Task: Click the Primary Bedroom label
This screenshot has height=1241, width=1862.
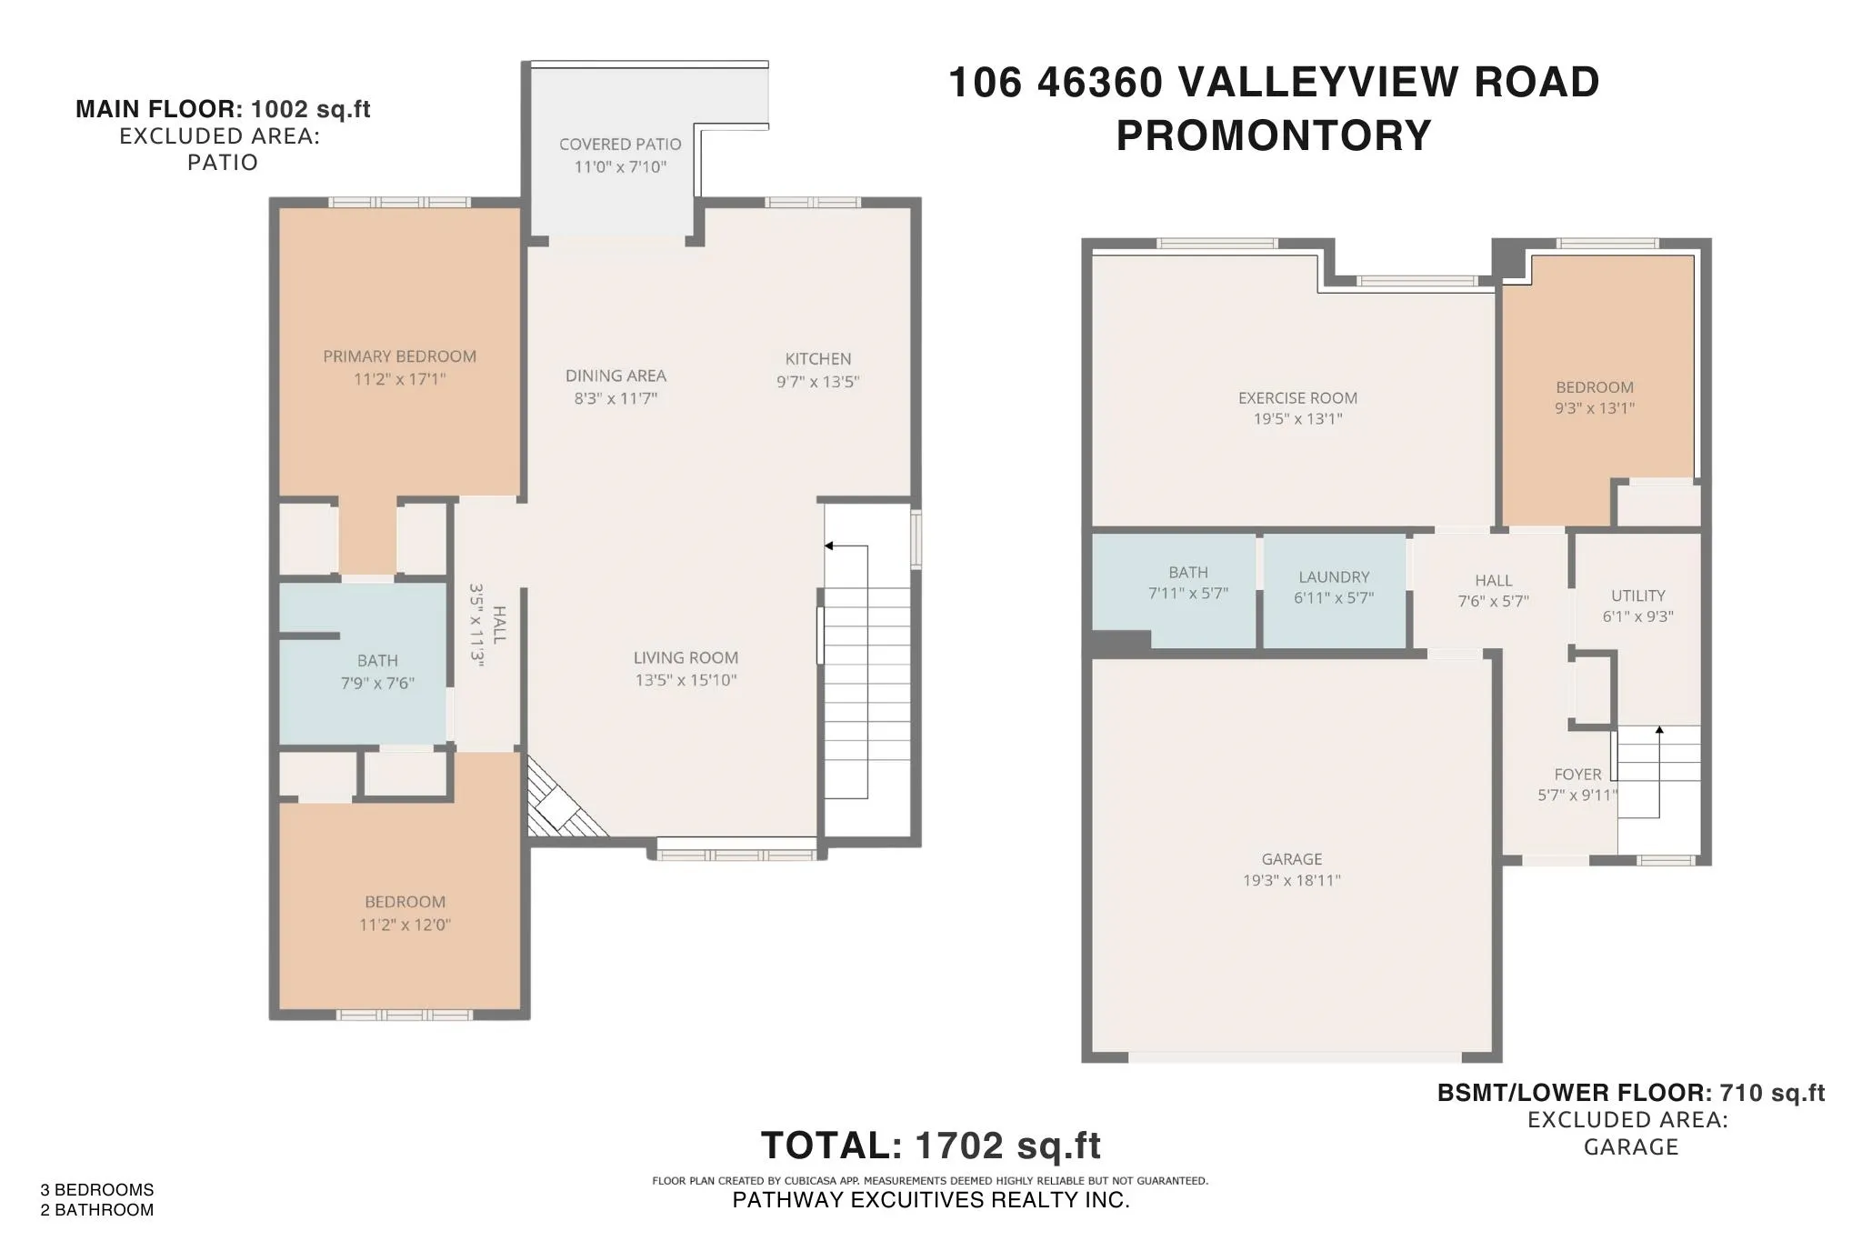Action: coord(399,356)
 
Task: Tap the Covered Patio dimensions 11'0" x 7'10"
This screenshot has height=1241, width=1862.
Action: coord(620,167)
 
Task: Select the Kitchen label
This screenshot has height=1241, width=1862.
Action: coord(817,359)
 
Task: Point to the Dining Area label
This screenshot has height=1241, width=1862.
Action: coord(616,375)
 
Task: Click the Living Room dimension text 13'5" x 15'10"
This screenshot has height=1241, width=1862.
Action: coord(686,680)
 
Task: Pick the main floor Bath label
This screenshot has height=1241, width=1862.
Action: coord(377,661)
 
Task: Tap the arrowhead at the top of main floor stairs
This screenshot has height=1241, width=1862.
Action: coord(828,545)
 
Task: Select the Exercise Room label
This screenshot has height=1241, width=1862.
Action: coord(1297,398)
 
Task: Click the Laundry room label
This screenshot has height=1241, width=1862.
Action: coord(1334,577)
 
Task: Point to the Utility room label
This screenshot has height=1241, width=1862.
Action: coord(1637,596)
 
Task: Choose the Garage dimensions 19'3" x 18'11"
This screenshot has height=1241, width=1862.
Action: coord(1291,880)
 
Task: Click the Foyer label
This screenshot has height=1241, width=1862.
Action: coord(1577,775)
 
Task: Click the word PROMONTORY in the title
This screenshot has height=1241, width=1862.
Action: coord(1273,136)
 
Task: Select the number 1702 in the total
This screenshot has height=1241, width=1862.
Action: coord(958,1146)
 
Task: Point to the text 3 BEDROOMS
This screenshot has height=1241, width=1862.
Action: coord(97,1189)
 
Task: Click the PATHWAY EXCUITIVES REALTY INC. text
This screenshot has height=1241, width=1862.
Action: coord(930,1200)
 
